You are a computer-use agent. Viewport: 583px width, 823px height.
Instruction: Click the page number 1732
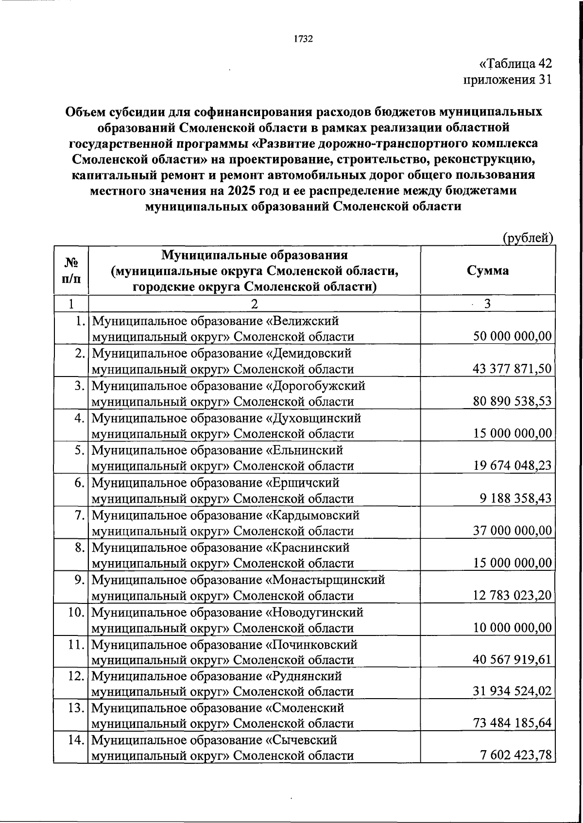(x=303, y=39)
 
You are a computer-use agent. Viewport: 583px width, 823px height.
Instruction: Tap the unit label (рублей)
(x=527, y=237)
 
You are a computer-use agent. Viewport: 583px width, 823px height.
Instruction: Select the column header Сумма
(x=488, y=271)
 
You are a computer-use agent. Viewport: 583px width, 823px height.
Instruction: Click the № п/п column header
(x=71, y=271)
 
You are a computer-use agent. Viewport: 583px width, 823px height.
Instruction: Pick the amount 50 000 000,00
(x=513, y=336)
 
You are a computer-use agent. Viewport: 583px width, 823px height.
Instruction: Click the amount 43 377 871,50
(x=513, y=369)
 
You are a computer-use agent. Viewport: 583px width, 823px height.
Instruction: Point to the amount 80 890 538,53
(x=513, y=401)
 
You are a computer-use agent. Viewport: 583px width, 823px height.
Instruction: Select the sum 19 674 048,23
(x=513, y=466)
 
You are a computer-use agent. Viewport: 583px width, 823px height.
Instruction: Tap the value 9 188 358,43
(x=516, y=498)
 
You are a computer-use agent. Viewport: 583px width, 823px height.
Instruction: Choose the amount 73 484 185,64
(x=513, y=723)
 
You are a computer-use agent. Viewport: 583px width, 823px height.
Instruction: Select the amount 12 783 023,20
(x=513, y=596)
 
